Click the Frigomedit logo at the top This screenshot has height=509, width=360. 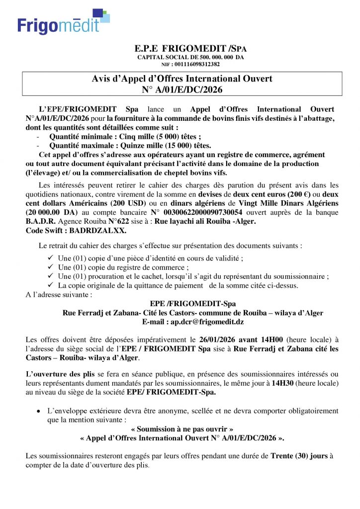click(63, 23)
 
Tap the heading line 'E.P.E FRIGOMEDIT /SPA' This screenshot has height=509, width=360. click(190, 49)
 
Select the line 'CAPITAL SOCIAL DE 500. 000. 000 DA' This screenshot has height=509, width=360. click(190, 57)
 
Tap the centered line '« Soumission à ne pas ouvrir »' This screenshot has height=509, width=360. click(181, 428)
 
